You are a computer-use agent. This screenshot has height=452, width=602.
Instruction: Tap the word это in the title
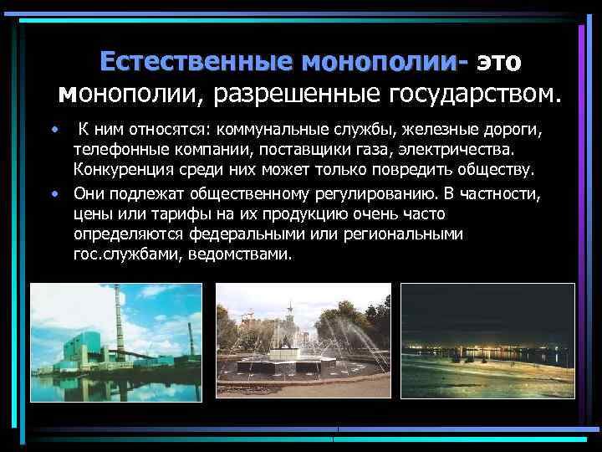point(500,62)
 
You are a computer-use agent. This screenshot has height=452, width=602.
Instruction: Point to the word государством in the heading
point(471,92)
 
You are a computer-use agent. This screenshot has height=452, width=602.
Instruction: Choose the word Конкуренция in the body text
point(118,172)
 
